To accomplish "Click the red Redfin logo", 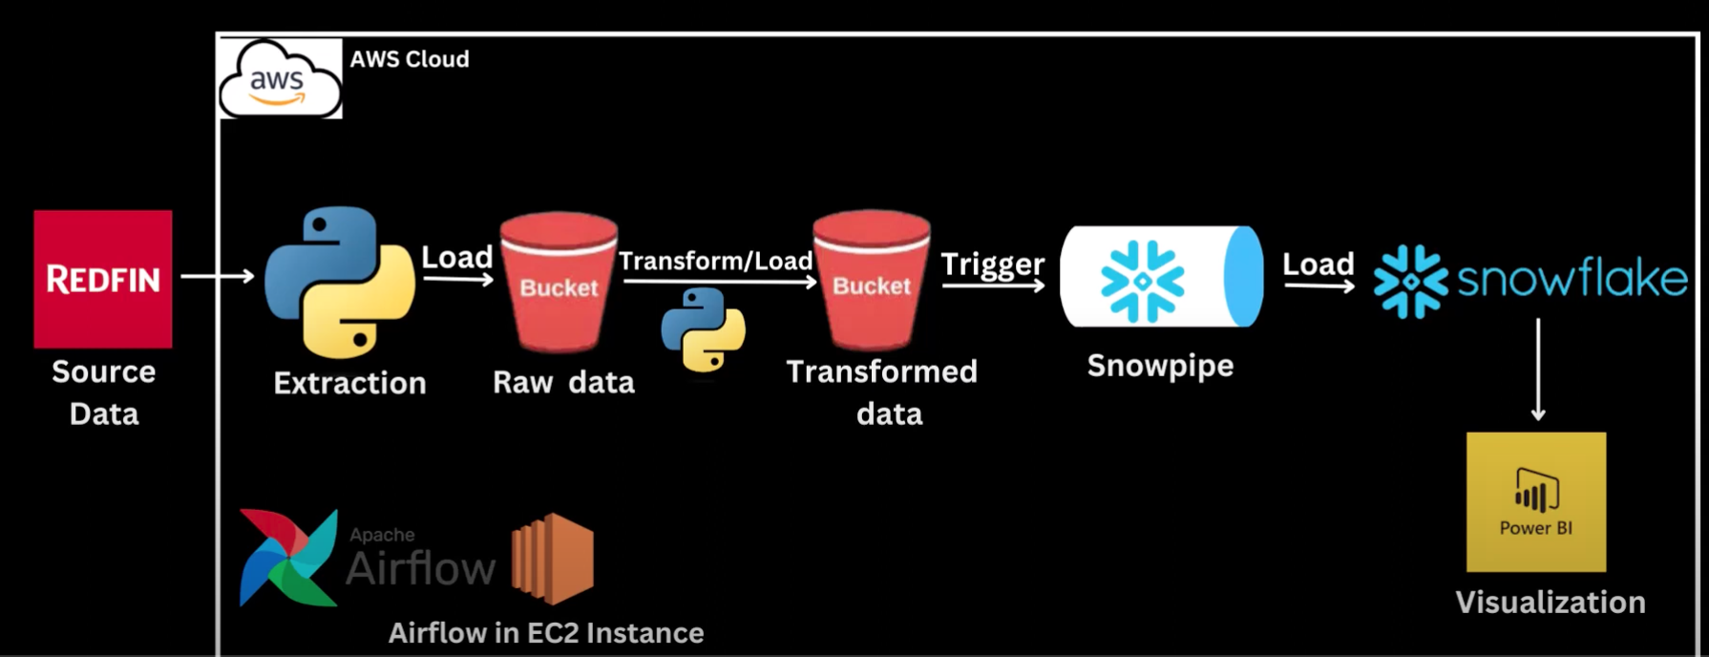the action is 103,279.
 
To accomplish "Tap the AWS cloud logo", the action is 280,78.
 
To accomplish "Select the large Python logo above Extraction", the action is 340,283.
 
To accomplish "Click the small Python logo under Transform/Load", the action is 704,329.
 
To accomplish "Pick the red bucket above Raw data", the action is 559,282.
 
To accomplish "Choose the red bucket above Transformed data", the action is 872,281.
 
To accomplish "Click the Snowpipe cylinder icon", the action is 1162,277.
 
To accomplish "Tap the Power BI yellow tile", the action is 1536,502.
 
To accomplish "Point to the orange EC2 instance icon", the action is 553,559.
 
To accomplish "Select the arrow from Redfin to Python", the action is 218,276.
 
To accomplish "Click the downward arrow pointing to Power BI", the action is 1538,370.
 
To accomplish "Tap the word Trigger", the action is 993,265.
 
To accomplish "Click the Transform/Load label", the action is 716,260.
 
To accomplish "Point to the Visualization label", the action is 1551,603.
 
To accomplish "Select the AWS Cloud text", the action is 410,59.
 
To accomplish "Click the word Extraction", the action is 349,383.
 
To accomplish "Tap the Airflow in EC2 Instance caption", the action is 546,632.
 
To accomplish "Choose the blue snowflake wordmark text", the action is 1572,280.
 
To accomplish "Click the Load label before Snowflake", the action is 1318,264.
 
